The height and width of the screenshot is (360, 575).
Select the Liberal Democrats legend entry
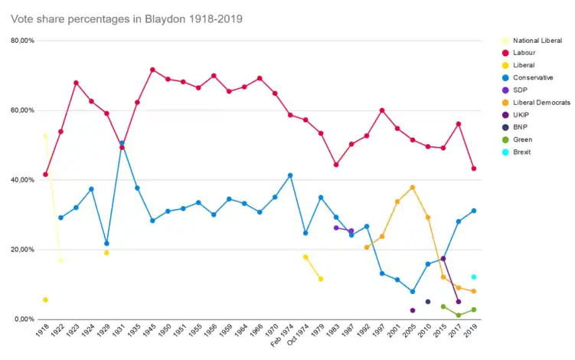point(541,102)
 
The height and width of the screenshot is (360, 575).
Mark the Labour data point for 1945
point(152,70)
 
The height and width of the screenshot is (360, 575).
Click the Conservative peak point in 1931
point(122,143)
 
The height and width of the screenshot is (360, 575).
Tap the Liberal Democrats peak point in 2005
point(413,188)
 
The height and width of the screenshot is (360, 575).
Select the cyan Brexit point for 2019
point(474,277)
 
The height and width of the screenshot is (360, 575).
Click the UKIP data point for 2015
point(443,259)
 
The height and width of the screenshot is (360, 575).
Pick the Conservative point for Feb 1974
point(290,175)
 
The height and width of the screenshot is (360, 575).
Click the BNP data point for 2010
point(428,302)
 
